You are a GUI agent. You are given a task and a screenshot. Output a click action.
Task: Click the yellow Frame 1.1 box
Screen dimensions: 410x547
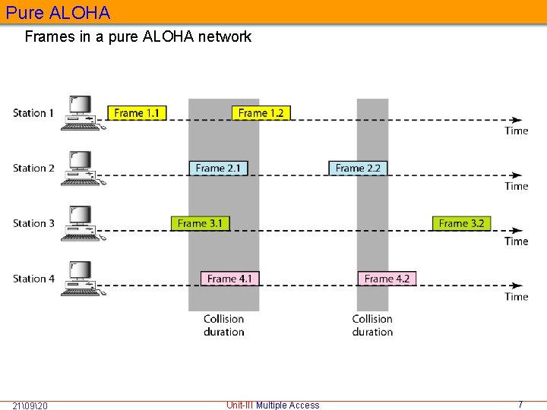click(137, 113)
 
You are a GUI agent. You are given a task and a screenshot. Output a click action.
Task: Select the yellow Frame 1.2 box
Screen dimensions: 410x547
click(261, 113)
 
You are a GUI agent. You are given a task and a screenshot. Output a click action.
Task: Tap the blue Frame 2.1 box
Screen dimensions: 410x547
click(218, 168)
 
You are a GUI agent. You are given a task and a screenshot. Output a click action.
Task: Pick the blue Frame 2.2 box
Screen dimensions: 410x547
click(358, 168)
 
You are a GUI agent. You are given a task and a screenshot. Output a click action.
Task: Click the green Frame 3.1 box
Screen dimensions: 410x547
click(201, 223)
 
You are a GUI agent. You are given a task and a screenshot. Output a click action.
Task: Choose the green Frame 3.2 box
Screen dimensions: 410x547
click(461, 223)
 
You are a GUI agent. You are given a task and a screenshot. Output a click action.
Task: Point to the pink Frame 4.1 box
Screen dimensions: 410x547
click(229, 279)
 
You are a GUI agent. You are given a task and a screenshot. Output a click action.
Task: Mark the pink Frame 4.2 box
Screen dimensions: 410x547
click(387, 279)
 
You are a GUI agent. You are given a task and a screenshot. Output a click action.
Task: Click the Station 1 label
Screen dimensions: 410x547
click(33, 113)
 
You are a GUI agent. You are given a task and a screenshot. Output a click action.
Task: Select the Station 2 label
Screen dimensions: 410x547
click(33, 168)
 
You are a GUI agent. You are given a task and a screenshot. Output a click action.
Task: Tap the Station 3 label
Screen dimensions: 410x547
click(33, 223)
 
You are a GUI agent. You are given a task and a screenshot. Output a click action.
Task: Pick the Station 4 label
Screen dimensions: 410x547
click(33, 279)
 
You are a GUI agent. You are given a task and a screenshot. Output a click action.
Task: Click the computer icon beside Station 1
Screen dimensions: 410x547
click(81, 113)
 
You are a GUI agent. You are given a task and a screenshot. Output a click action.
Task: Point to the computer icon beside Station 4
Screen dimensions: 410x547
click(81, 279)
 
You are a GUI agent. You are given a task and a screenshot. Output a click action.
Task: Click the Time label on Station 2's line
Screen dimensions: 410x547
click(517, 186)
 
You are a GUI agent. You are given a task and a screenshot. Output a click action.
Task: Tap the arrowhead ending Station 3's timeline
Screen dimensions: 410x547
click(517, 230)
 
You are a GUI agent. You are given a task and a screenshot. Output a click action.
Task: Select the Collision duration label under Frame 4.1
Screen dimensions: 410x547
click(224, 326)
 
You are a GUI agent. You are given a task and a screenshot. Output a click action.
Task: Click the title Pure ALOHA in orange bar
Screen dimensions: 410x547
click(58, 13)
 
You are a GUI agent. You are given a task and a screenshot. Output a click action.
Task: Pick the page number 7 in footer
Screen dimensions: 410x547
click(520, 405)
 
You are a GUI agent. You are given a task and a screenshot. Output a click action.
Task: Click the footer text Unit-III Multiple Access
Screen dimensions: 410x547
click(273, 405)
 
